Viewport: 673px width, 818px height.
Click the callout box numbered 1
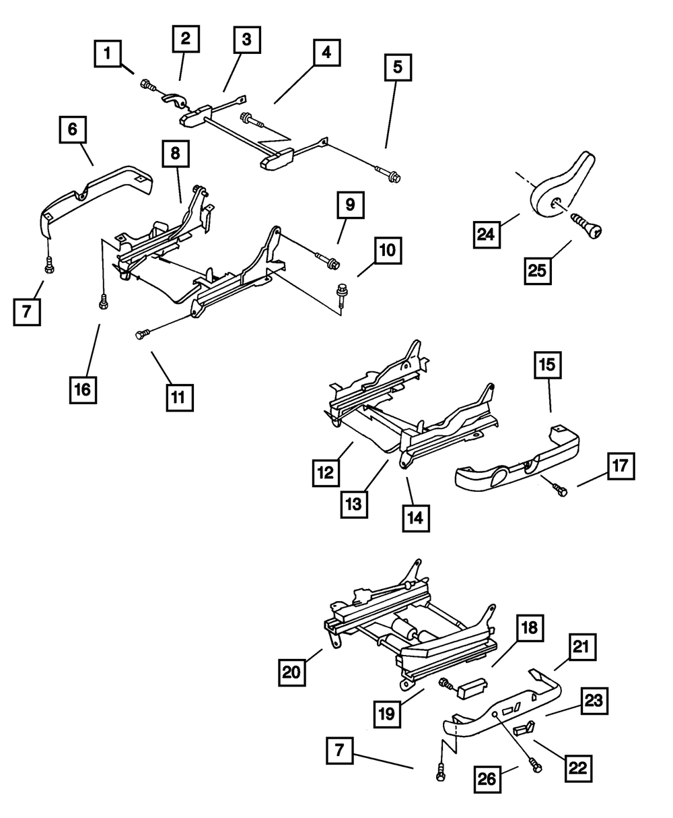[x=107, y=53]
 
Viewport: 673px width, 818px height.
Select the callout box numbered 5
[x=398, y=67]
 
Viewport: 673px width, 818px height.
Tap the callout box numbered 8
[x=175, y=154]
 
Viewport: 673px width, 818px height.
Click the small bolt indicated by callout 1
[x=147, y=86]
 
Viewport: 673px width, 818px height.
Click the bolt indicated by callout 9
[x=330, y=259]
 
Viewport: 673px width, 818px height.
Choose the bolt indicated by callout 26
[x=535, y=765]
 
